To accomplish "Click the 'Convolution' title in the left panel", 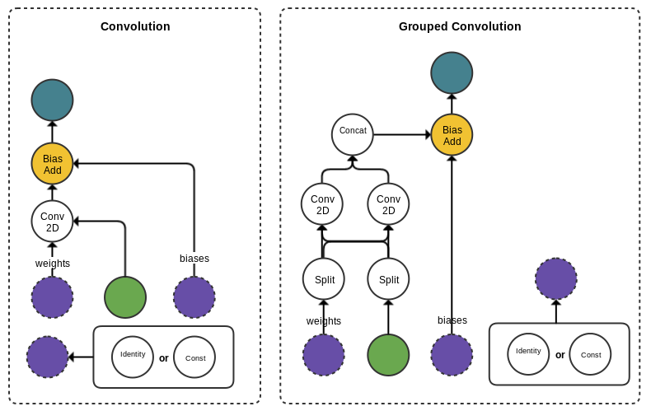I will point(135,26).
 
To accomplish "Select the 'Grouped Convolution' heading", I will point(460,26).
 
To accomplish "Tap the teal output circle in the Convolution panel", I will point(53,100).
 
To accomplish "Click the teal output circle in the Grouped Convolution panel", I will point(452,73).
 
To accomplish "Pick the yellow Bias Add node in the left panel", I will point(53,164).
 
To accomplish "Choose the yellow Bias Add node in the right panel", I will point(452,135).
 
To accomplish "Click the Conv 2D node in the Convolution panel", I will point(53,222).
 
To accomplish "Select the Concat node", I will point(353,134).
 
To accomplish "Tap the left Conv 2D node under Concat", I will point(323,204).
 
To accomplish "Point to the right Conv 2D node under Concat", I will point(388,204).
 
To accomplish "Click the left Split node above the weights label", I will point(324,279).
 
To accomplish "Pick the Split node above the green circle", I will point(388,279).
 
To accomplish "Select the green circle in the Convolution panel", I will point(125,297).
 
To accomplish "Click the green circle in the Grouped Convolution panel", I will point(388,355).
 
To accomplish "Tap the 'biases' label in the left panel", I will point(194,259).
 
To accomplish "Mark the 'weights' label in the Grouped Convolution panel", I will point(324,321).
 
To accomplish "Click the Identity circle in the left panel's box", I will point(133,357).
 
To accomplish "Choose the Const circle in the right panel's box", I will point(590,354).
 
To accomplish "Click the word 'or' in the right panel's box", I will point(560,355).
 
